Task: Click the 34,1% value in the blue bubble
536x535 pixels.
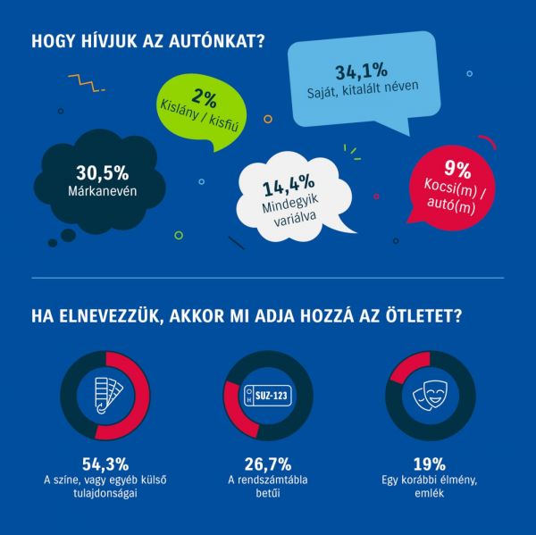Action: click(363, 71)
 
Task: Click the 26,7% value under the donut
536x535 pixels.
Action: click(267, 464)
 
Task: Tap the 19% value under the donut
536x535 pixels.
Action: click(428, 464)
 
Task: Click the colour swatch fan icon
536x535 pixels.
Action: click(105, 395)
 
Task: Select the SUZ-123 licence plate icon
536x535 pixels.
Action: click(268, 395)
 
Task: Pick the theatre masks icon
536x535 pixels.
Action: click(429, 395)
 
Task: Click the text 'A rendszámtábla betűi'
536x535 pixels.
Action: click(267, 489)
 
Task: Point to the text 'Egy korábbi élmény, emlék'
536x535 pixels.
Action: click(428, 489)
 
